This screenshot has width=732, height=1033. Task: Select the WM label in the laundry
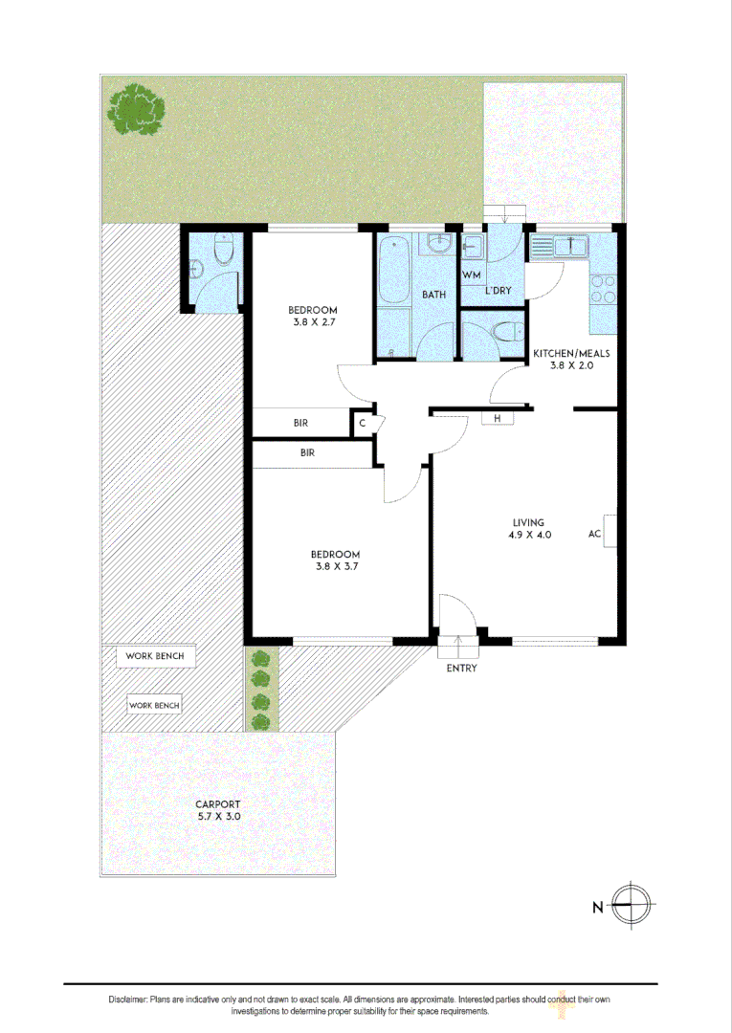[471, 275]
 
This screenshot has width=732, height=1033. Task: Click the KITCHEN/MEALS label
[572, 352]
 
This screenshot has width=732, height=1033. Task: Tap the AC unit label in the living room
[595, 535]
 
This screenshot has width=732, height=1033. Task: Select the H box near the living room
[498, 419]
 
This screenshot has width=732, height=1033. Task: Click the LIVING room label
[528, 522]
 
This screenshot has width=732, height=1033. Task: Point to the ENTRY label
[461, 668]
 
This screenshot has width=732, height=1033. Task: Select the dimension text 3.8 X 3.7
[335, 566]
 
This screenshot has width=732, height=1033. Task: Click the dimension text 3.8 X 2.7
[313, 322]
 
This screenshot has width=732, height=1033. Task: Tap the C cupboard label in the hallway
[363, 423]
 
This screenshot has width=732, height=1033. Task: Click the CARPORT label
[217, 804]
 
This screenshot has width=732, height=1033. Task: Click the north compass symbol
[631, 905]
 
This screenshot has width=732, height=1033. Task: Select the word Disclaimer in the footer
[127, 1000]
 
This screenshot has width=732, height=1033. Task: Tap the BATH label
[434, 295]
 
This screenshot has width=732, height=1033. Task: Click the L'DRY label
[498, 290]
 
